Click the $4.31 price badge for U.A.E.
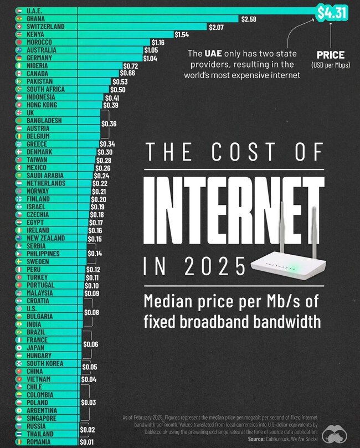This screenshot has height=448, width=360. coord(331,12)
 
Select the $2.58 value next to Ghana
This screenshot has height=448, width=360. coord(248,19)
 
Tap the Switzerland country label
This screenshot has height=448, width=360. coord(45,27)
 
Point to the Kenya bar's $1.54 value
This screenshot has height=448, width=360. coord(182,35)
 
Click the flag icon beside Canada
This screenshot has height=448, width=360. coord(19,74)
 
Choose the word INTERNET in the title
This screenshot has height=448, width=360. coord(233,211)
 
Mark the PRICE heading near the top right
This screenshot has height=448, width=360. coord(330,55)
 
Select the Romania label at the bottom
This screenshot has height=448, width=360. coord(39,442)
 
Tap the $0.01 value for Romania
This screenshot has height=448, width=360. coord(86,442)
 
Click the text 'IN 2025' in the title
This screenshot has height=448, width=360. coord(194,266)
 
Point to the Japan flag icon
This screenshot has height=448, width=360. coord(19,348)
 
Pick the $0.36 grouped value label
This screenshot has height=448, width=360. coord(109,124)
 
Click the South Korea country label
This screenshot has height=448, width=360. coord(44,363)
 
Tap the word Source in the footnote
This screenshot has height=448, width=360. coord(255,439)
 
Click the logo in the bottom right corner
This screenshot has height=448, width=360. coord(338,434)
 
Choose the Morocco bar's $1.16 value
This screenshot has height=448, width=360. coord(158,43)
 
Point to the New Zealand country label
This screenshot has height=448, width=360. coord(45,238)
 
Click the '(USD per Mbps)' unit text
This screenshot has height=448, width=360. coord(330,65)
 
